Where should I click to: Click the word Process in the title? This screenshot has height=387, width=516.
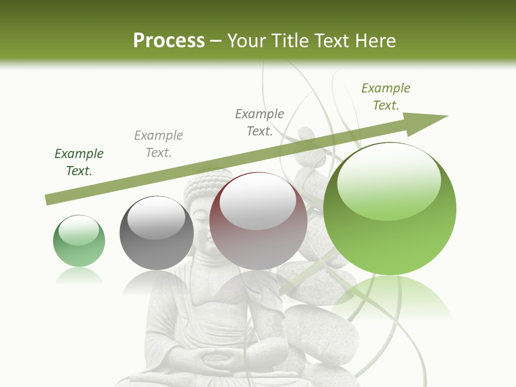pos(169,41)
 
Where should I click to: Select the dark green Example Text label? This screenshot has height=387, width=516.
pos(79,162)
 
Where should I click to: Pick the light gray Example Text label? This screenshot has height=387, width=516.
pos(159,144)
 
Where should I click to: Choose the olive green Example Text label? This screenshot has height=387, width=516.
pos(386,97)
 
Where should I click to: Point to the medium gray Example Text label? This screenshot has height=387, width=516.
pos(260,123)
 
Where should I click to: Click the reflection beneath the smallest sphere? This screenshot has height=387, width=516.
pos(79,277)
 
